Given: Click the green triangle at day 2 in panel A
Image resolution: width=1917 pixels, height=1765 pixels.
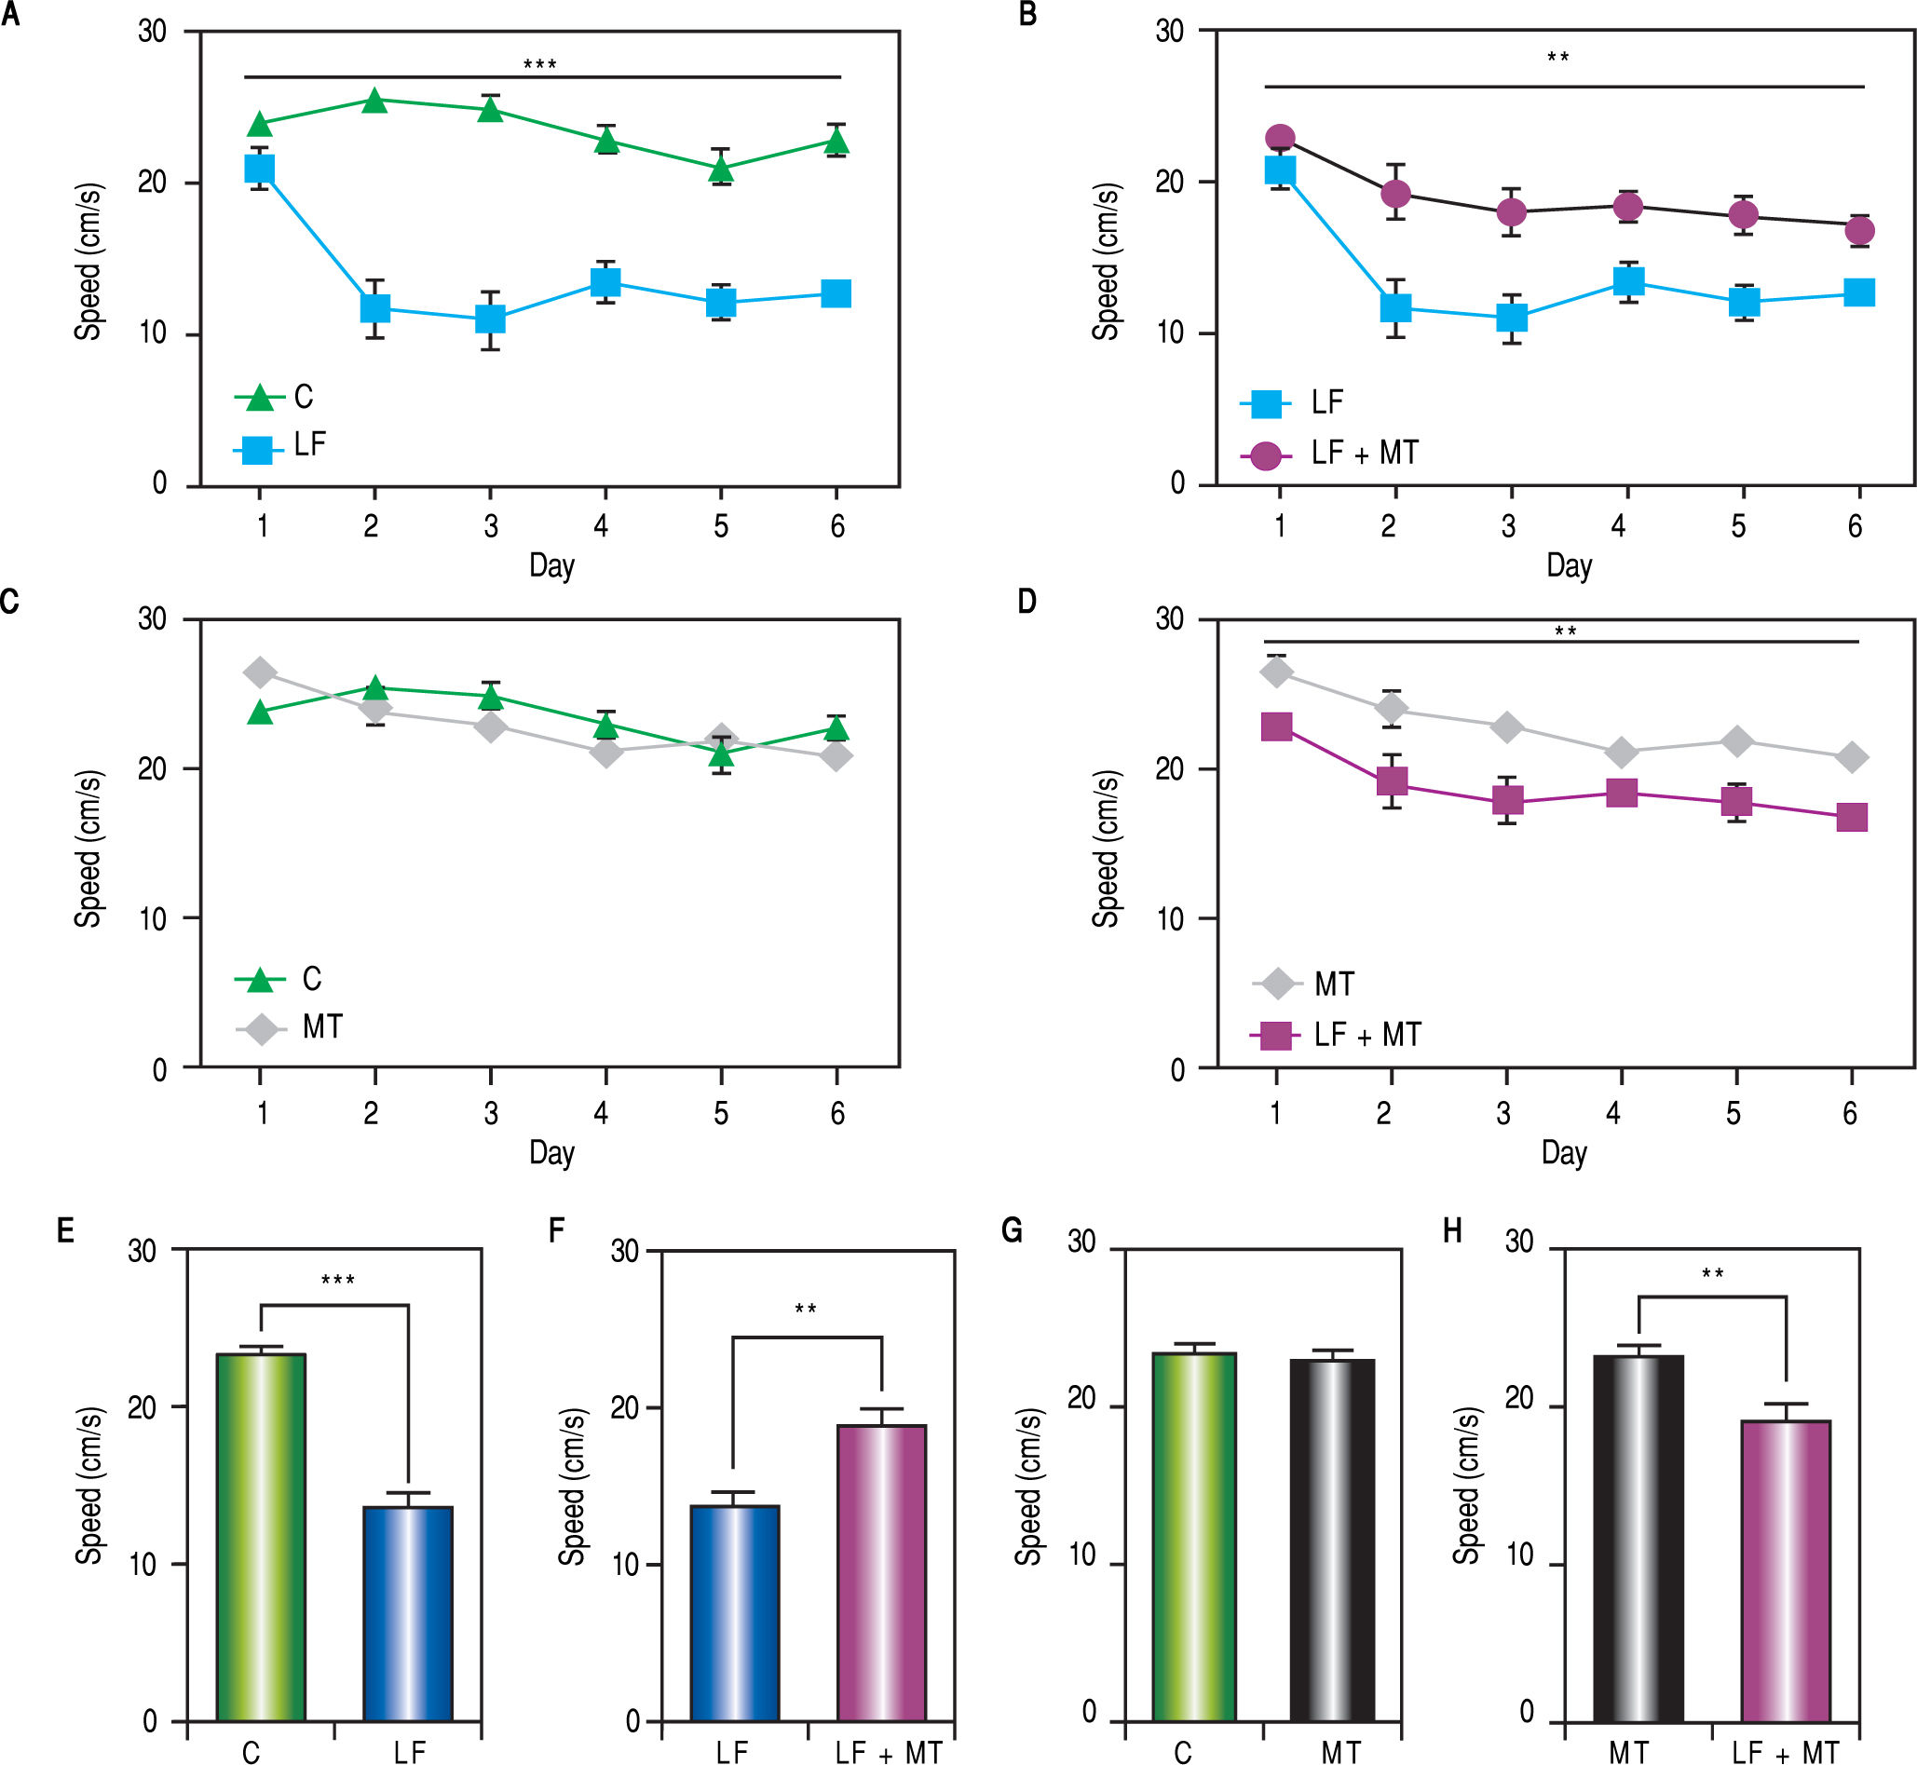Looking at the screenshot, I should coord(374,101).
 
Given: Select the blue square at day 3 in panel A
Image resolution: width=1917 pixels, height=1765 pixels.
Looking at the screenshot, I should coord(490,318).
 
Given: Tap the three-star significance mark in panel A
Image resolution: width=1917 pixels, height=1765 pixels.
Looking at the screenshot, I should coord(539,65).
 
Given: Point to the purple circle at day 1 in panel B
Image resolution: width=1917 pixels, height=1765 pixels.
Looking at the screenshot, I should coord(1280,139).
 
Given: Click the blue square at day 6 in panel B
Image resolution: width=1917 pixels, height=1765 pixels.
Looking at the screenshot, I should coord(1858,292).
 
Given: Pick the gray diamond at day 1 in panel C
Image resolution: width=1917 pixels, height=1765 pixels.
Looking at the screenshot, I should coord(260,672).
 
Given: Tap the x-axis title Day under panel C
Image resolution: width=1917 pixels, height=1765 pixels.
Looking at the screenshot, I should coord(551,1153).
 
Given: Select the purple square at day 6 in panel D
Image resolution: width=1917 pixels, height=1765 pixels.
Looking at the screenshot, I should coord(1852,818).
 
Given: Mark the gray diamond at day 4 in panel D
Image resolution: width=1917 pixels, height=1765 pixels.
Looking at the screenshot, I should coord(1621,753).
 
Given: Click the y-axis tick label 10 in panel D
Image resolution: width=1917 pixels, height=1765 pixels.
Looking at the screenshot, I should coord(1169,918).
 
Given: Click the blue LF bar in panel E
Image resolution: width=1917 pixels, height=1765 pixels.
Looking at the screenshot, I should coord(408,1614).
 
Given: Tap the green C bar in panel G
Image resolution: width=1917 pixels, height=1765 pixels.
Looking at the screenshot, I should coord(1194,1538).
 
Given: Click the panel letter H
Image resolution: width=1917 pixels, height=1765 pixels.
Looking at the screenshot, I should coord(1452,1231).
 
